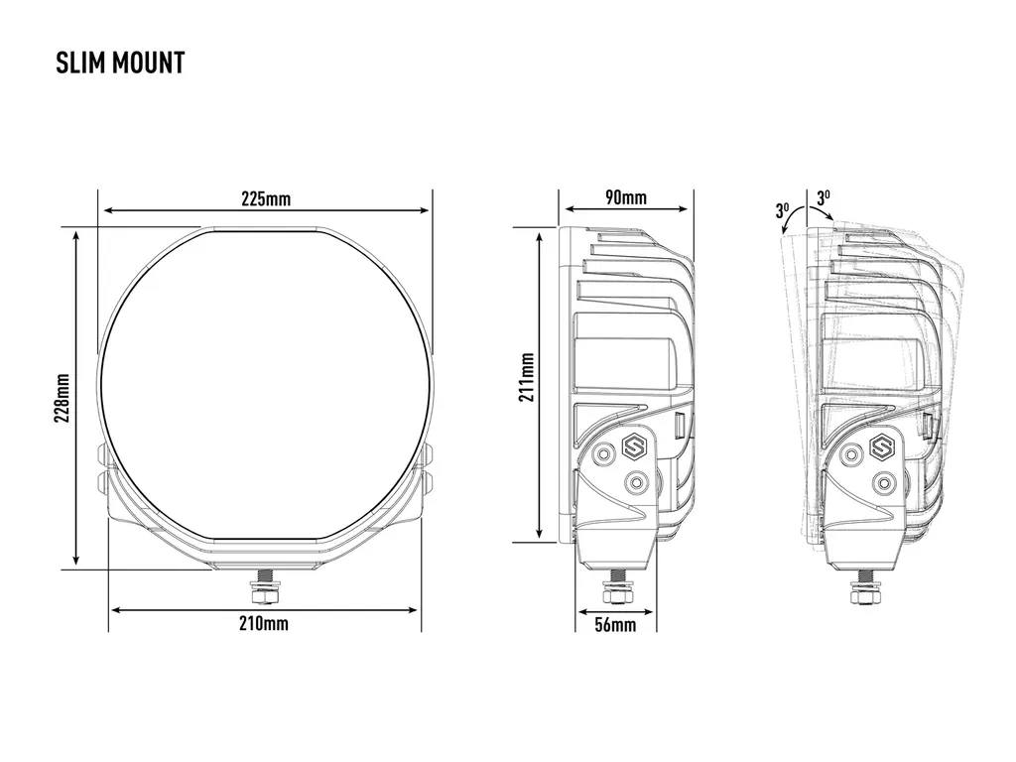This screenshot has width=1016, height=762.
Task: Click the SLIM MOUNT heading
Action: pos(120,63)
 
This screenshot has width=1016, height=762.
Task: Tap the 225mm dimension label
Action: pos(266,198)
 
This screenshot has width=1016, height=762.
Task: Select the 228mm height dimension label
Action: pos(63,398)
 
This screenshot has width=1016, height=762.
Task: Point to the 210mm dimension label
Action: pos(264,623)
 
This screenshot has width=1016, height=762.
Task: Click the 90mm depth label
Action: pos(626,197)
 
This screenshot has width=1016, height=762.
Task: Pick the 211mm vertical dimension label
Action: pos(526,377)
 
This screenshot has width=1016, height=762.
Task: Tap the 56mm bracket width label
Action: pos(615,625)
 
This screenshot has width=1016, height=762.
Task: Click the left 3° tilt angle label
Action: pos(782,210)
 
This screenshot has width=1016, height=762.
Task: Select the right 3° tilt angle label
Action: pos(823,197)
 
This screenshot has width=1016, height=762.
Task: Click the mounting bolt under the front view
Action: pos(265,586)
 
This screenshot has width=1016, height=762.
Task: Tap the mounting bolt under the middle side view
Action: pos(614,586)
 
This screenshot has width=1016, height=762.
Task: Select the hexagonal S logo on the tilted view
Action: pos(879,446)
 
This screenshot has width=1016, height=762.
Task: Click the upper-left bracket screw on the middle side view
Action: pos(604,453)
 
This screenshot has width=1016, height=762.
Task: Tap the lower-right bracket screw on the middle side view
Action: pos(638,482)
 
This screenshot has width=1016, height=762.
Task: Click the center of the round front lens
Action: pos(264,384)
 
